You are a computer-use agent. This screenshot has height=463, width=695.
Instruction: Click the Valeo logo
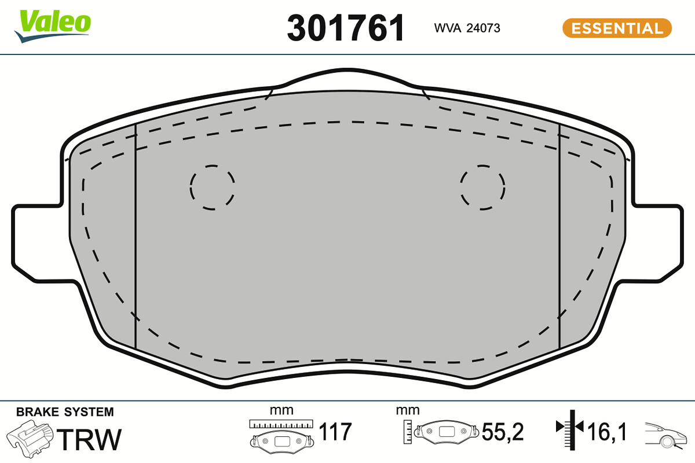(x=53, y=25)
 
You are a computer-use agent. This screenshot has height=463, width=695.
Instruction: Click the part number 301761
(x=346, y=28)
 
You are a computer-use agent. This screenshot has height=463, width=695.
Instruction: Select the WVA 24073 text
(x=467, y=28)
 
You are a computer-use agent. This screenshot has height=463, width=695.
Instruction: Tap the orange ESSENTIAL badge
(x=617, y=28)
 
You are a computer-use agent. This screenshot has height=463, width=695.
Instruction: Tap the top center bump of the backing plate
(x=348, y=70)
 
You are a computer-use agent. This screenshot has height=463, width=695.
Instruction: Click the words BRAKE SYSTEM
(x=65, y=412)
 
